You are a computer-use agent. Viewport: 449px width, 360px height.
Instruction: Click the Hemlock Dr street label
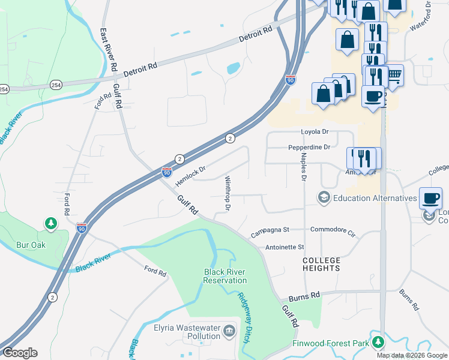tap(191, 176)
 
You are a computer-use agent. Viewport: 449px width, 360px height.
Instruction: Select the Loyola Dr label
tap(315, 133)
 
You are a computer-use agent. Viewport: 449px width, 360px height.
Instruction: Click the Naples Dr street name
tap(303, 167)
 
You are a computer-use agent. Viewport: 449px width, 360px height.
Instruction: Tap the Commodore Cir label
tap(333, 229)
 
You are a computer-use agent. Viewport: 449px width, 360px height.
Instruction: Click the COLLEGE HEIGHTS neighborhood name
tap(321, 264)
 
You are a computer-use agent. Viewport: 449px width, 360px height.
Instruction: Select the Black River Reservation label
tap(225, 276)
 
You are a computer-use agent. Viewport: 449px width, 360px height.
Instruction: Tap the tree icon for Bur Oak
tap(51, 224)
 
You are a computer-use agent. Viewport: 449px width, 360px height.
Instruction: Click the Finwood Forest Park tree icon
tap(378, 342)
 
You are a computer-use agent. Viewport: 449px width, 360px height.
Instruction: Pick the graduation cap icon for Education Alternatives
tap(324, 198)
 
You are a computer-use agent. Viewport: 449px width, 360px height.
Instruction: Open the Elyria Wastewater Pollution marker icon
tap(229, 331)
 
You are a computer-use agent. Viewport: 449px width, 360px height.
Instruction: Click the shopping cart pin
tap(394, 75)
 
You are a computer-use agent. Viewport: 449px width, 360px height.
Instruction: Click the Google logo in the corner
tap(20, 353)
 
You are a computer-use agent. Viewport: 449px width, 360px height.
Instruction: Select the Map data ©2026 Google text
tap(411, 355)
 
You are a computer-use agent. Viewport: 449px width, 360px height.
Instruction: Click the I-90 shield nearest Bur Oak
tap(82, 228)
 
